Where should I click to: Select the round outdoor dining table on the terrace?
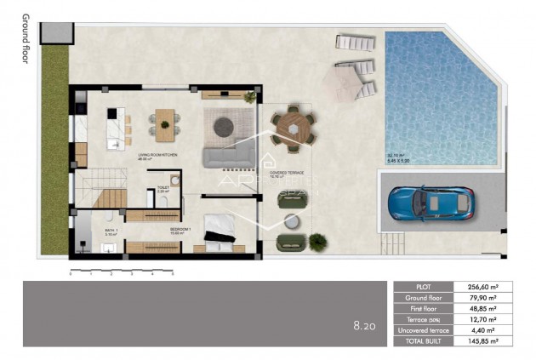[x=294, y=129]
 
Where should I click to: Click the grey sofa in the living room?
[x=227, y=154]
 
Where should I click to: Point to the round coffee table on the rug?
[x=224, y=126]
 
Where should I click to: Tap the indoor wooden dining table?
[x=164, y=124]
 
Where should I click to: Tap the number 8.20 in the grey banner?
[x=364, y=324]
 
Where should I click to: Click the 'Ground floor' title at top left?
[x=25, y=38]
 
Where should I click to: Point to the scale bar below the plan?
[x=121, y=270]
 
